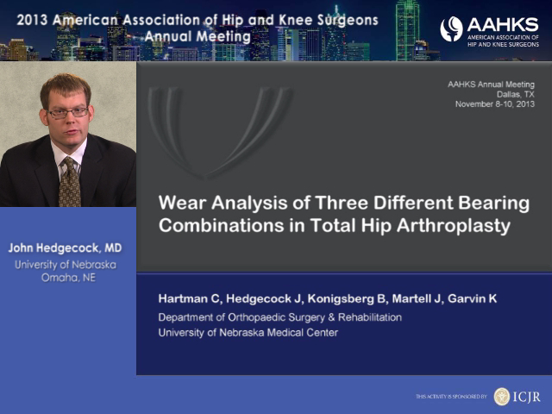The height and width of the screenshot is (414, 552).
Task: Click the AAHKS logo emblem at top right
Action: [x=451, y=28]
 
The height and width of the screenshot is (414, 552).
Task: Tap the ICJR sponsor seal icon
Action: [x=502, y=397]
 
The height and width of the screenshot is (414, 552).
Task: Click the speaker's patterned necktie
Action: [x=70, y=182]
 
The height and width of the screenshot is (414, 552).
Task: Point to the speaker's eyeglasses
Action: [x=67, y=113]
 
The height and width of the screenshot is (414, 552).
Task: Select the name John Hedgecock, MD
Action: [x=66, y=248]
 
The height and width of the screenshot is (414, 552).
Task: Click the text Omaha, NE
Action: [x=68, y=278]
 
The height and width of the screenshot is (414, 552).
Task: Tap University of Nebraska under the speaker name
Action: [x=66, y=265]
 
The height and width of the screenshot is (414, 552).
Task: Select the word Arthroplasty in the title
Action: [x=454, y=226]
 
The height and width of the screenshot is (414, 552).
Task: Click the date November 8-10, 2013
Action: [x=494, y=104]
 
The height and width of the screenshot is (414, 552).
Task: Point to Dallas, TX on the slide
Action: [x=516, y=94]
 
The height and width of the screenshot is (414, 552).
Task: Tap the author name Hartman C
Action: [x=189, y=299]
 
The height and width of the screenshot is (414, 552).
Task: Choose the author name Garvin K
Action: [x=472, y=299]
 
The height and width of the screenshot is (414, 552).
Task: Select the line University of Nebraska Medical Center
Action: [x=248, y=333]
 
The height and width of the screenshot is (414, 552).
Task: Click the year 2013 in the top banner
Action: [x=32, y=20]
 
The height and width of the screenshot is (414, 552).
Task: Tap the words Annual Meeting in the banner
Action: [x=198, y=36]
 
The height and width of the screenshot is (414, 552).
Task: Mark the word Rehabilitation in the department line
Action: [x=370, y=317]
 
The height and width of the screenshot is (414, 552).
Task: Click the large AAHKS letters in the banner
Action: [x=503, y=25]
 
